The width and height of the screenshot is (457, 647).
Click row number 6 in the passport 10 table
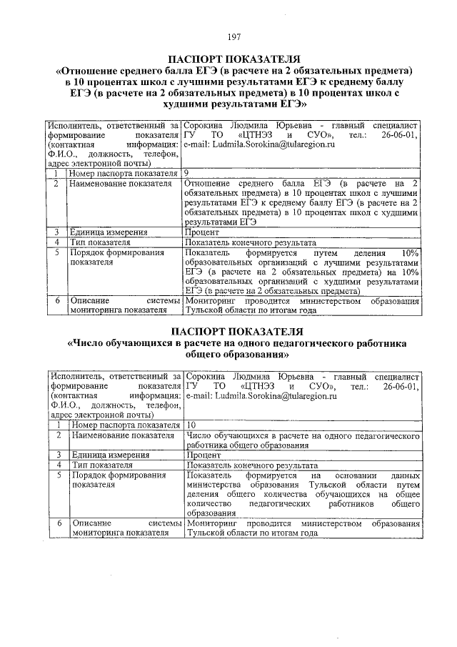point(56,523)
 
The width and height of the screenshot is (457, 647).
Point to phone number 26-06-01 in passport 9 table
point(398,134)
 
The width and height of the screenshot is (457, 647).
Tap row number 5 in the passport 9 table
point(55,252)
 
